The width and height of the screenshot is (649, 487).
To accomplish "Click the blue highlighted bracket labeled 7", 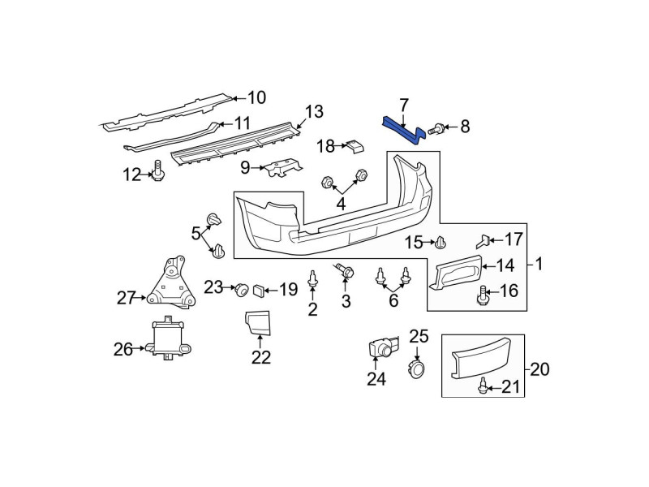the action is [x=403, y=130].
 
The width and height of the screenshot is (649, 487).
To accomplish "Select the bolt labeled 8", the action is [x=436, y=129].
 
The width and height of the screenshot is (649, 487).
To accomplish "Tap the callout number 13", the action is [x=314, y=111].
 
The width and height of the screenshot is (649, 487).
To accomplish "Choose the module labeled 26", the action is [x=168, y=338].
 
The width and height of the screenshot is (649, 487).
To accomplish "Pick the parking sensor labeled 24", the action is [x=384, y=347].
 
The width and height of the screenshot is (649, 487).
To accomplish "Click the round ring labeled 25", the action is [x=416, y=368].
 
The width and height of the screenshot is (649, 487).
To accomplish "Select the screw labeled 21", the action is [x=482, y=385].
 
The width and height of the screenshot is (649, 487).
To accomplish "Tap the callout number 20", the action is [x=539, y=368].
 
